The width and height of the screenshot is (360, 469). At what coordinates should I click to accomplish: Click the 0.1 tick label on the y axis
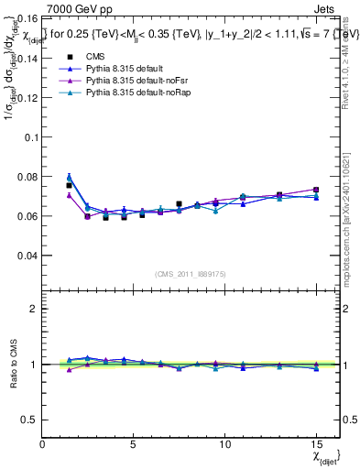pos(29,136)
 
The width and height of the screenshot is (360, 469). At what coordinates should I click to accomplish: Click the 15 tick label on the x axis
pos(316,444)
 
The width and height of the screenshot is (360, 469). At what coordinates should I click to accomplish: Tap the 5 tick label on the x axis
pos(134,444)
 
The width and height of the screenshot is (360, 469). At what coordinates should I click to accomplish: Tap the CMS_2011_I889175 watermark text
pos(187,274)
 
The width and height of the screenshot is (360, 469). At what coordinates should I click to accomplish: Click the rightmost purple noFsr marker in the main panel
pos(316,190)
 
